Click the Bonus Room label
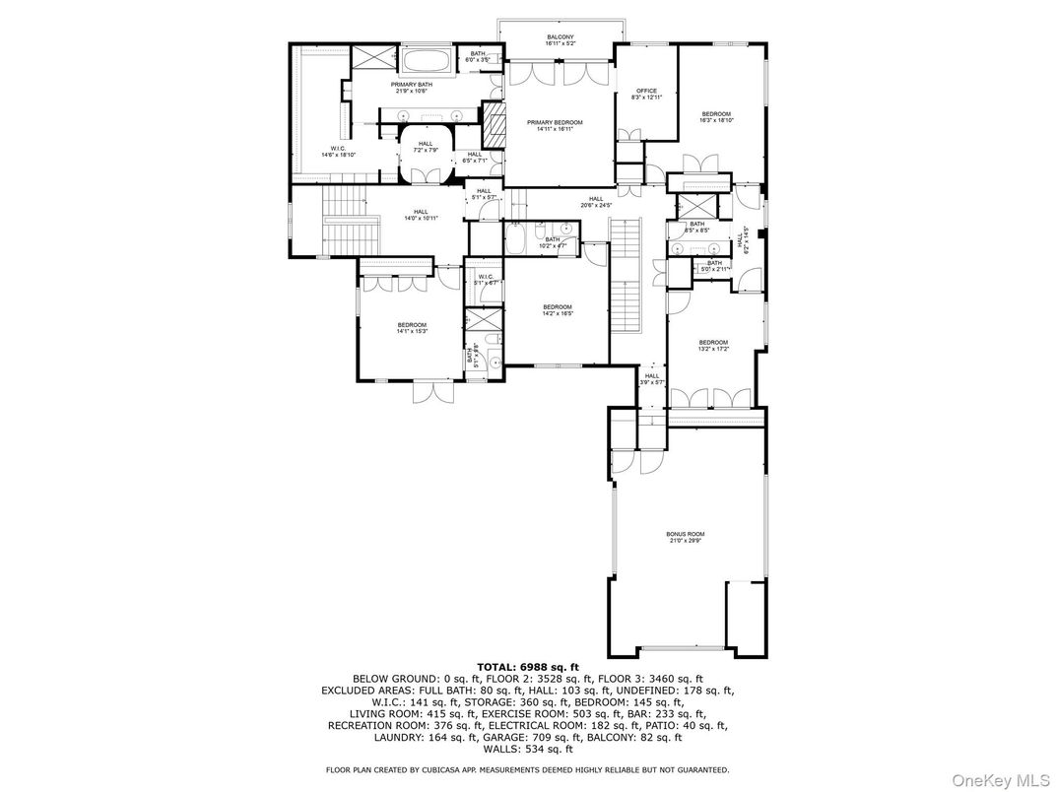click(686, 538)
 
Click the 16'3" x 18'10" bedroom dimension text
click(716, 120)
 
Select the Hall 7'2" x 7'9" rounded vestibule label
click(426, 148)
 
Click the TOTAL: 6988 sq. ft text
click(527, 667)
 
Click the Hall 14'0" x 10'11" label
click(421, 215)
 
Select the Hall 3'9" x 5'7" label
click(652, 378)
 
